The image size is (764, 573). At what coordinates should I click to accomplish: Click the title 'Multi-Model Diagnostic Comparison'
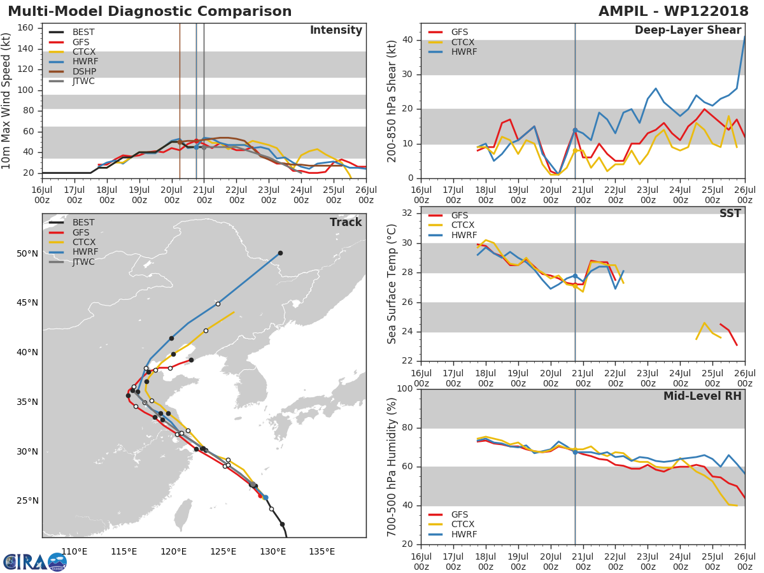[x=150, y=11]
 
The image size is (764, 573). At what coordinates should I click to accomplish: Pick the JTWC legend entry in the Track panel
[x=83, y=262]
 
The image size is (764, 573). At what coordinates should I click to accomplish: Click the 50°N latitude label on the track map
[x=27, y=254]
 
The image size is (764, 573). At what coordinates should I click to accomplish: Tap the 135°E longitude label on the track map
[x=322, y=551]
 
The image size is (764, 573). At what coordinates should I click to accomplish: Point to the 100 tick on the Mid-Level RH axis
[x=404, y=389]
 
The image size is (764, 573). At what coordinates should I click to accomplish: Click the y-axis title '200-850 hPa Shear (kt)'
[x=392, y=101]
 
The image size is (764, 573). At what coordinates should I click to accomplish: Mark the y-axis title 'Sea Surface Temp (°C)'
[x=392, y=284]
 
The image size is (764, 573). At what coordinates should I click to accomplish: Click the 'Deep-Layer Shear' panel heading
[x=688, y=31]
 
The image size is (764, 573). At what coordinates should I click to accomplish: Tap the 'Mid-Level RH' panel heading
[x=702, y=396]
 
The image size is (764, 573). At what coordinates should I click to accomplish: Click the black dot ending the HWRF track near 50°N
[x=280, y=253]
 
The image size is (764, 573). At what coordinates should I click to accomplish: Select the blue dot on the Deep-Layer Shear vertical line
[x=575, y=130]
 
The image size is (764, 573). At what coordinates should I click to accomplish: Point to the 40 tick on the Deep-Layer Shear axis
[x=408, y=40]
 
